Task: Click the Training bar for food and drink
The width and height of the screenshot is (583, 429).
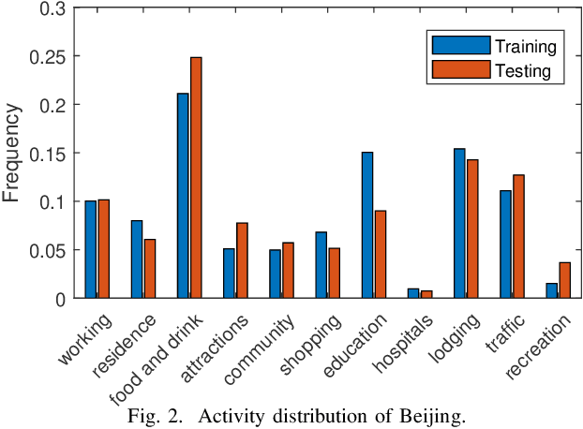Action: tap(182, 196)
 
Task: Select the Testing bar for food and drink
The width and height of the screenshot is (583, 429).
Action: tap(195, 178)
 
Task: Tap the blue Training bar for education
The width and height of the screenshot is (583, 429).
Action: tap(366, 225)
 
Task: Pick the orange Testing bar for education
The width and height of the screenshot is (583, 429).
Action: tap(380, 254)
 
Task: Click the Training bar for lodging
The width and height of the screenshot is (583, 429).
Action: tap(459, 223)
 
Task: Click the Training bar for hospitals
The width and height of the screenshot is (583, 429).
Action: tap(413, 293)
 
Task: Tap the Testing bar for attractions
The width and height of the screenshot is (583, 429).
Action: tap(242, 260)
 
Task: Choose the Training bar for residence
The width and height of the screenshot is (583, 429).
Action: tap(136, 259)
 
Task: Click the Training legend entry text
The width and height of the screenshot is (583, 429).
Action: tap(527, 46)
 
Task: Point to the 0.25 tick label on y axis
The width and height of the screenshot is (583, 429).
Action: tap(49, 56)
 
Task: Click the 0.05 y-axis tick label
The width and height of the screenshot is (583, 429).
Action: tap(49, 250)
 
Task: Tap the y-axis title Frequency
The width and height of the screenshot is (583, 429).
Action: tap(12, 153)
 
